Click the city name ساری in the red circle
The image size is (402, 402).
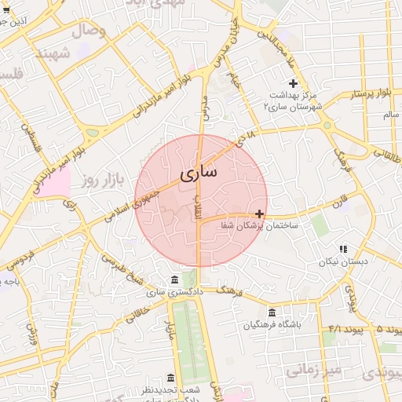click(x=199, y=173)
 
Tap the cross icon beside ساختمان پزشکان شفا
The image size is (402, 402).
click(x=260, y=214)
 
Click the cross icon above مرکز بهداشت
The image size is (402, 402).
click(x=293, y=83)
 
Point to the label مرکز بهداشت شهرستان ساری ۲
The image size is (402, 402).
click(x=293, y=100)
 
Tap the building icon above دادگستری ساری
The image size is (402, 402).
click(x=174, y=280)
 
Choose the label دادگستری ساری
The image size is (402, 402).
click(x=174, y=292)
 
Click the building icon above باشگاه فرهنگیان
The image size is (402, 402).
click(x=272, y=312)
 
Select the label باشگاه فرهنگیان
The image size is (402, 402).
click(x=272, y=324)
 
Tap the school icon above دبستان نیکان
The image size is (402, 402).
click(x=342, y=248)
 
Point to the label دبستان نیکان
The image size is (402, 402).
click(x=342, y=260)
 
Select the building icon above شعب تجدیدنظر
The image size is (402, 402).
click(x=171, y=378)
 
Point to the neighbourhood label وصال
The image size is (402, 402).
click(x=89, y=32)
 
